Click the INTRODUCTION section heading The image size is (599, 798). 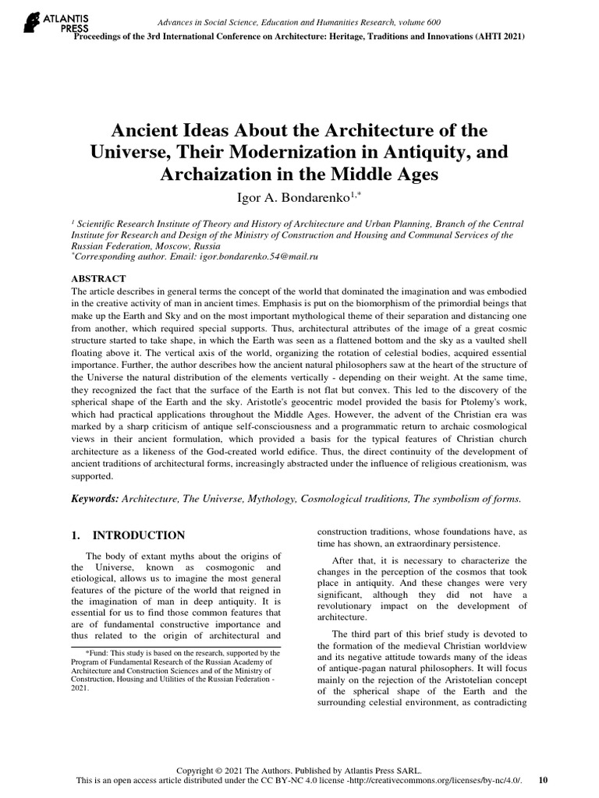point(138,535)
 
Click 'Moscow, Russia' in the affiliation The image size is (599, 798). point(174,243)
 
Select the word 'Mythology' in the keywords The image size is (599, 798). point(282,498)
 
